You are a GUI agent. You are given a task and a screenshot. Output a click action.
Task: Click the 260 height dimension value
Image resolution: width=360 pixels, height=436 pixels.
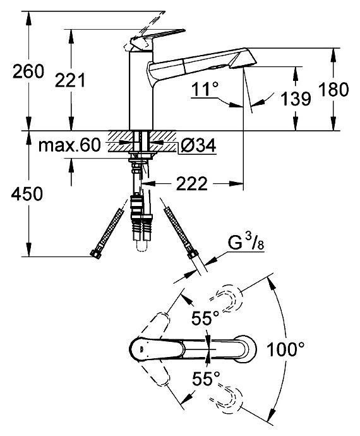pyautogui.click(x=28, y=71)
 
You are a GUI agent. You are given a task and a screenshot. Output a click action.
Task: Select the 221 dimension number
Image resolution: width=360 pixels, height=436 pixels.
pyautogui.click(x=70, y=80)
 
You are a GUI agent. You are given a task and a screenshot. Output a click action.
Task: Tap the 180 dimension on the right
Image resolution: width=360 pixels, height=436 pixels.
pyautogui.click(x=333, y=90)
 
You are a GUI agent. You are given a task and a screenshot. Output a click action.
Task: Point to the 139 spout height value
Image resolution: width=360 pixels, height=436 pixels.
pyautogui.click(x=296, y=99)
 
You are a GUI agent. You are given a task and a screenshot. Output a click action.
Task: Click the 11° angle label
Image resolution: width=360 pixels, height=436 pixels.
pyautogui.click(x=205, y=89)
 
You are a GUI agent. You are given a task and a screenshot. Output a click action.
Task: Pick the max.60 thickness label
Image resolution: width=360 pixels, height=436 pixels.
pyautogui.click(x=69, y=145)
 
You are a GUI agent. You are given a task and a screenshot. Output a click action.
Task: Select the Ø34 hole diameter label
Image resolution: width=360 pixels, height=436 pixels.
pyautogui.click(x=198, y=145)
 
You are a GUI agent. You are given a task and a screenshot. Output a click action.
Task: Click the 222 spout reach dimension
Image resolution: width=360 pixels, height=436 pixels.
pyautogui.click(x=192, y=183)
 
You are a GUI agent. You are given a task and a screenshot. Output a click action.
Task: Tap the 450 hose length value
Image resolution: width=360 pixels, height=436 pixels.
pyautogui.click(x=27, y=194)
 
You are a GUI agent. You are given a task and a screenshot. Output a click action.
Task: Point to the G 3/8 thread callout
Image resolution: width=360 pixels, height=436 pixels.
pyautogui.click(x=246, y=243)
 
